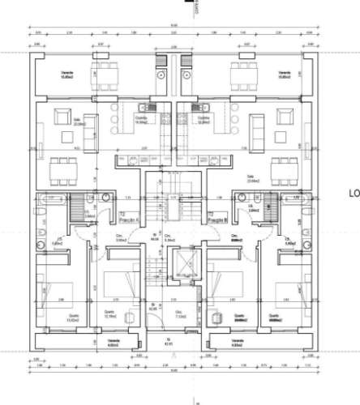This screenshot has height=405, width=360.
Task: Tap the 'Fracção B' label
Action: pyautogui.click(x=215, y=220)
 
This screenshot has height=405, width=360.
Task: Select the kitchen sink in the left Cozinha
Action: pyautogui.click(x=144, y=109)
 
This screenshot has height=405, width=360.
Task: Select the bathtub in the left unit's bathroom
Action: pyautogui.click(x=52, y=198)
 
